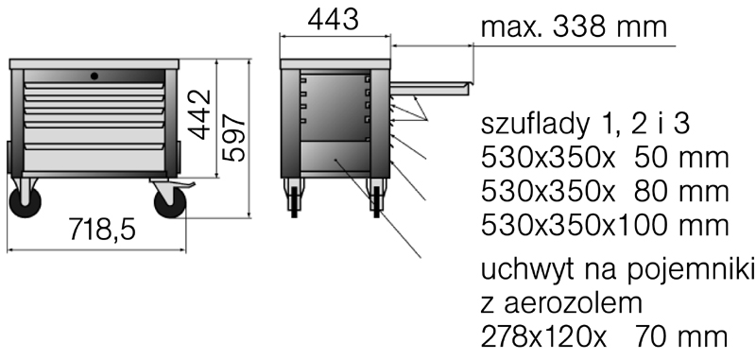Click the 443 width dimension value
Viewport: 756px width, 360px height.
pyautogui.click(x=334, y=20)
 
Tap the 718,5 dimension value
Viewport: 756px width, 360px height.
pyautogui.click(x=102, y=229)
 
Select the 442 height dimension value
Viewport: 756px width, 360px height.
pyautogui.click(x=198, y=114)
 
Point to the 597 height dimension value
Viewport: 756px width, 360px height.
pyautogui.click(x=233, y=137)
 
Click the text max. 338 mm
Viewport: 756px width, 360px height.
pyautogui.click(x=574, y=27)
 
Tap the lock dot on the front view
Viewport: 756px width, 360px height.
pyautogui.click(x=94, y=76)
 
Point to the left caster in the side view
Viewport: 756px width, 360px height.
pyautogui.click(x=294, y=198)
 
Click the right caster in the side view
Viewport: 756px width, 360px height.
pyautogui.click(x=376, y=198)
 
